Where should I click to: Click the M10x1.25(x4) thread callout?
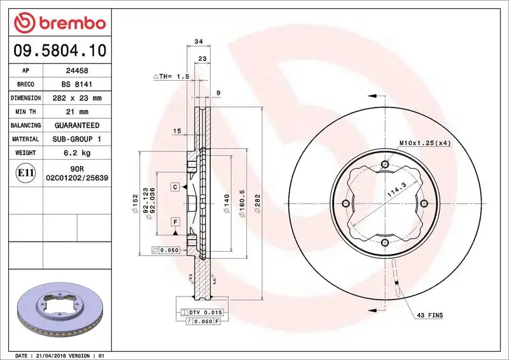tap(424, 143)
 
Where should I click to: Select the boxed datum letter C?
tap(174, 187)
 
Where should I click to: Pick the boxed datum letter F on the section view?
tap(174, 221)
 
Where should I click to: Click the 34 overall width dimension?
tap(199, 41)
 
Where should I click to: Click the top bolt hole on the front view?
tap(385, 165)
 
